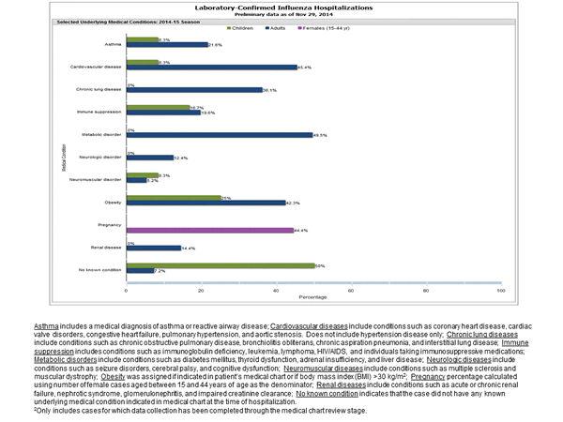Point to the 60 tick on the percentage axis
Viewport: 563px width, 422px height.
click(349, 290)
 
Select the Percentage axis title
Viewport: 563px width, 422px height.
click(312, 297)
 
